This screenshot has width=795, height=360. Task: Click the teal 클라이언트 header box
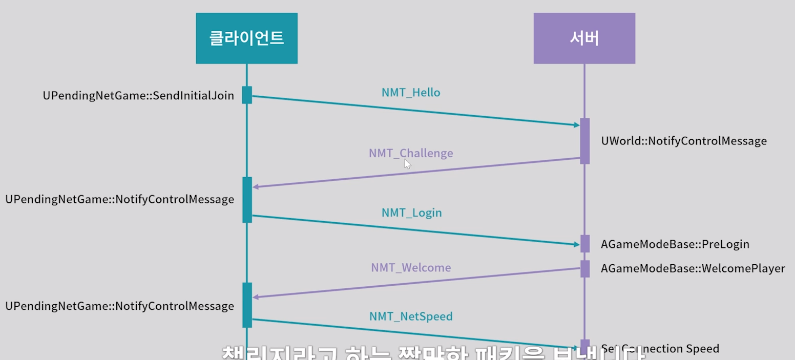246,38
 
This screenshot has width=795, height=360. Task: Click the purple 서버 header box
584,38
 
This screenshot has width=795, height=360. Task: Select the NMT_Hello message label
411,93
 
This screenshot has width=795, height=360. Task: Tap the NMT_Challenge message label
411,153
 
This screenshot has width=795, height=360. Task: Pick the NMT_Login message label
411,213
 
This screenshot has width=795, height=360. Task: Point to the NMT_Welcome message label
411,267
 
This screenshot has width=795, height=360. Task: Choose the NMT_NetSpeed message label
411,316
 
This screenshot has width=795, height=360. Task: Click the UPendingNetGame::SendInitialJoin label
138,95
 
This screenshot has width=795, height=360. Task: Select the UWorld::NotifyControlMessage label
684,141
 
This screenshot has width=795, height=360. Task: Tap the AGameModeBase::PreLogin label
675,244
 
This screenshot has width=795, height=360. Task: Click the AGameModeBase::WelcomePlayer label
693,268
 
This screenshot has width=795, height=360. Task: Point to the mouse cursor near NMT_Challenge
407,164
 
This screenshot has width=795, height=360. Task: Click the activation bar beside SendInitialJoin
247,95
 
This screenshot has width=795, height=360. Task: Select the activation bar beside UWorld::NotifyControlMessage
584,141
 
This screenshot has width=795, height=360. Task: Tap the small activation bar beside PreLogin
584,244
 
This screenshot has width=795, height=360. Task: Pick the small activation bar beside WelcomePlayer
584,268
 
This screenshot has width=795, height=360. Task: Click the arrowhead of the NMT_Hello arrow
576,124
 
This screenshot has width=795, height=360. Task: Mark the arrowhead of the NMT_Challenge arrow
256,187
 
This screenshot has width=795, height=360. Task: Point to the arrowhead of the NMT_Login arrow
576,244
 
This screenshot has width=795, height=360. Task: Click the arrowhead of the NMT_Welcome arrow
256,297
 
